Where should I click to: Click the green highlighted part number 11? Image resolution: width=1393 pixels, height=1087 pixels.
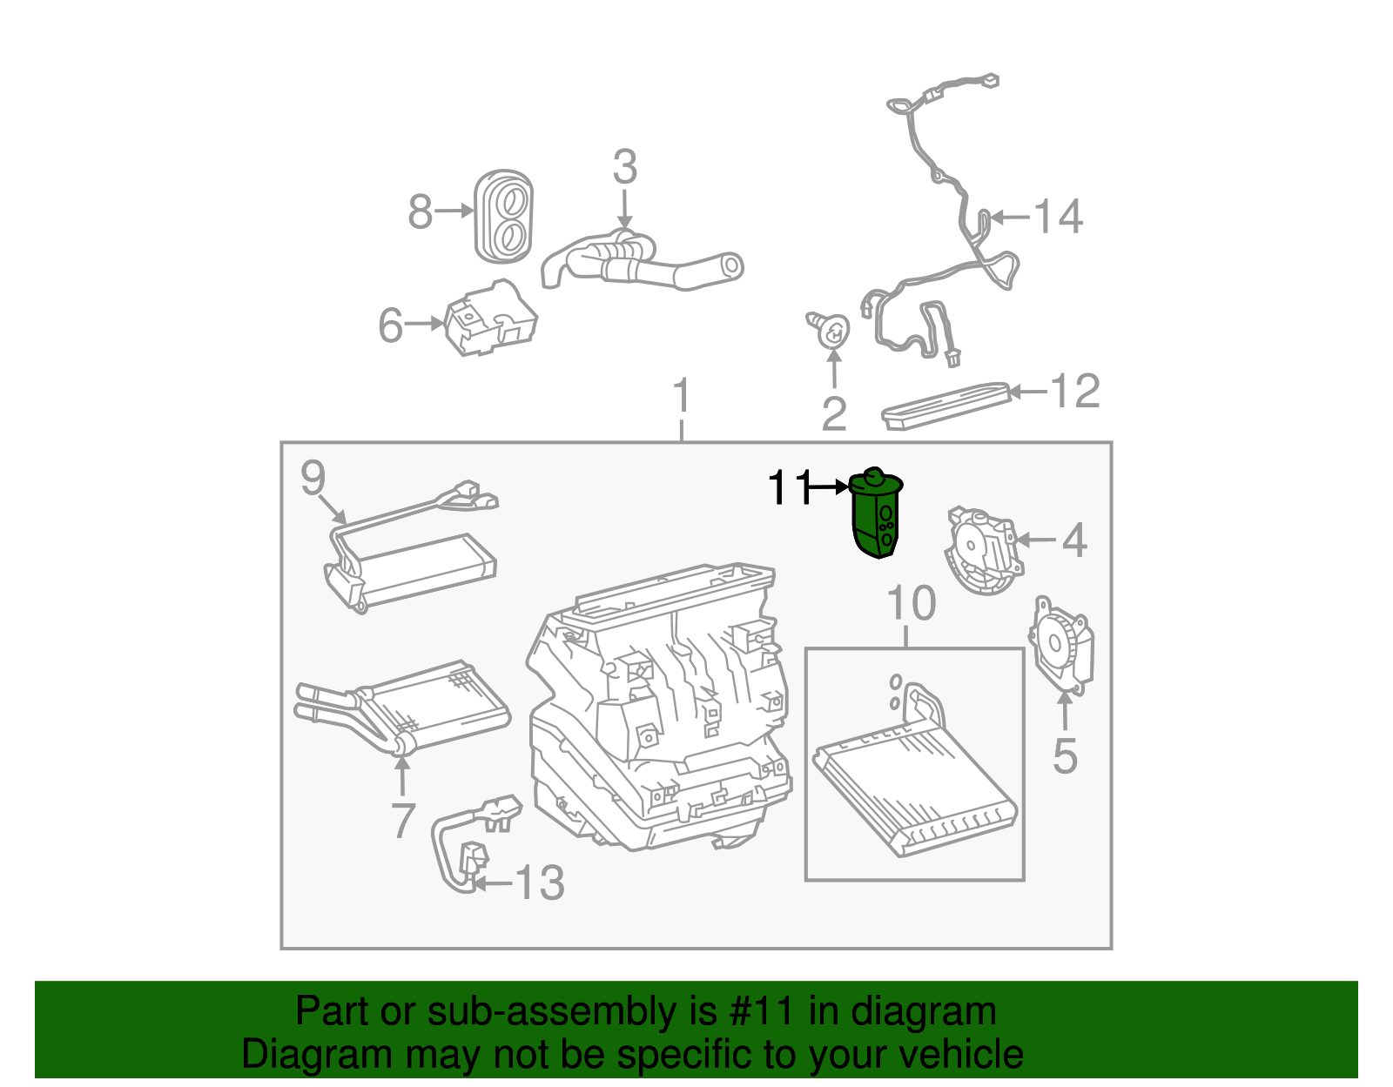pos(877,515)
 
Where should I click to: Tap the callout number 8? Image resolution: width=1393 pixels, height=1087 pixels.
pos(421,211)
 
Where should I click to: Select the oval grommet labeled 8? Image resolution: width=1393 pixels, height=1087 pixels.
pos(503,215)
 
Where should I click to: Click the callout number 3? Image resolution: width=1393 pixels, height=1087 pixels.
pos(624,167)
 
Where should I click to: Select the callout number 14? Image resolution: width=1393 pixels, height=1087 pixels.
pos(1058,216)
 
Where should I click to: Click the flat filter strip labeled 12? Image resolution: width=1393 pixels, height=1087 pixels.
pos(946,406)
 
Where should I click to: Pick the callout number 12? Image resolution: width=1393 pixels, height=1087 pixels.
pos(1076,392)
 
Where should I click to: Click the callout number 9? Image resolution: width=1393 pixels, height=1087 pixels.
pos(313,478)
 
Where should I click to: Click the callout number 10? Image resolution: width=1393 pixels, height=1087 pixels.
pos(911,603)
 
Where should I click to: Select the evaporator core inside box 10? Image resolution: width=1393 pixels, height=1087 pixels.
pos(914,783)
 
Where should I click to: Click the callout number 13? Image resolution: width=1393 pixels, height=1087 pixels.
pos(540,883)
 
